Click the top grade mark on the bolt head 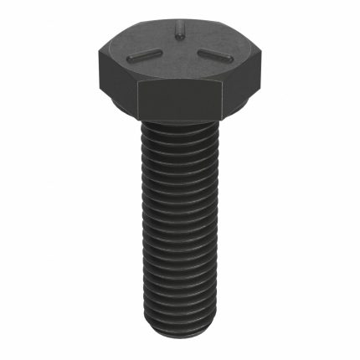178,33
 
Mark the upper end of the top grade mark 178,28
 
